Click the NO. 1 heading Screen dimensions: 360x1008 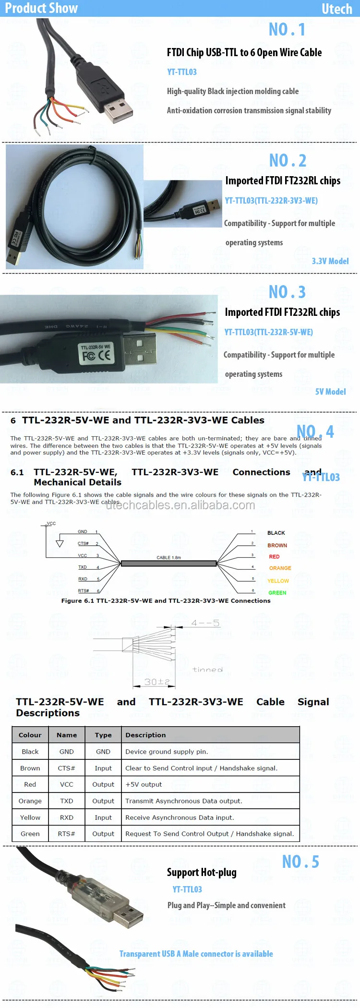(x=287, y=30)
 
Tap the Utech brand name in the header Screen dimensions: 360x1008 (x=336, y=9)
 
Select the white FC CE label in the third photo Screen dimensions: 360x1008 (x=96, y=353)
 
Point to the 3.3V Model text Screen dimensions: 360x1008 (x=330, y=261)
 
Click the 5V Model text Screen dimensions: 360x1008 (x=330, y=392)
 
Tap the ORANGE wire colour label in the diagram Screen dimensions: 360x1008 (x=280, y=568)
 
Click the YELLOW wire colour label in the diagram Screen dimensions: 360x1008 (x=278, y=581)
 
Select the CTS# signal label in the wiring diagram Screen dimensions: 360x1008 (x=83, y=544)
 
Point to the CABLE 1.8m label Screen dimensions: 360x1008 (x=168, y=557)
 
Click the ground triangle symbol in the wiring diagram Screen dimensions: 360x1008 (x=60, y=543)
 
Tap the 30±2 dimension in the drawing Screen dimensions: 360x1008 (x=157, y=682)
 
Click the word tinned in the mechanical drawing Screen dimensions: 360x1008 (x=207, y=670)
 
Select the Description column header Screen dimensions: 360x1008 (x=145, y=735)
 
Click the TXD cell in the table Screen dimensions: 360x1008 (x=67, y=801)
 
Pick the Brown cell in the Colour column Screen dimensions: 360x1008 (x=30, y=768)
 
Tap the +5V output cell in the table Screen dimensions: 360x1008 (x=144, y=784)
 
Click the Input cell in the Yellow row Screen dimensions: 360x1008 (x=103, y=817)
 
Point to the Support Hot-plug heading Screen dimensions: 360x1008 (x=202, y=872)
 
